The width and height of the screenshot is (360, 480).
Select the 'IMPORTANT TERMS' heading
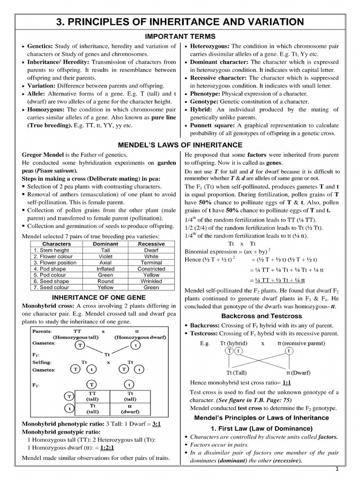click(x=180, y=37)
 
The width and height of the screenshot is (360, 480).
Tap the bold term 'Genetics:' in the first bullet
click(x=41, y=46)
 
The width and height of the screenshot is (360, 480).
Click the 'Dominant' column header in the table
click(x=105, y=244)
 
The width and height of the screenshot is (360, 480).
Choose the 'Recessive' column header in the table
click(x=151, y=244)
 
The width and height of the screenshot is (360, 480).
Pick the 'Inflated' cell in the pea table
click(x=105, y=269)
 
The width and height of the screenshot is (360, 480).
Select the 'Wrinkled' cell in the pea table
click(x=151, y=281)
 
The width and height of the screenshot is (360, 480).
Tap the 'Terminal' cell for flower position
click(x=151, y=262)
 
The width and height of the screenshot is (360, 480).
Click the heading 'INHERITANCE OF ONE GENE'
click(x=98, y=297)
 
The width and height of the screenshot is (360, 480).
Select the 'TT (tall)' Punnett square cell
click(x=92, y=396)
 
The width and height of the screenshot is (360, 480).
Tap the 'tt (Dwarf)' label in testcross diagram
click(x=298, y=373)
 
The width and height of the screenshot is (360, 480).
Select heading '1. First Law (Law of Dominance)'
click(x=261, y=428)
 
